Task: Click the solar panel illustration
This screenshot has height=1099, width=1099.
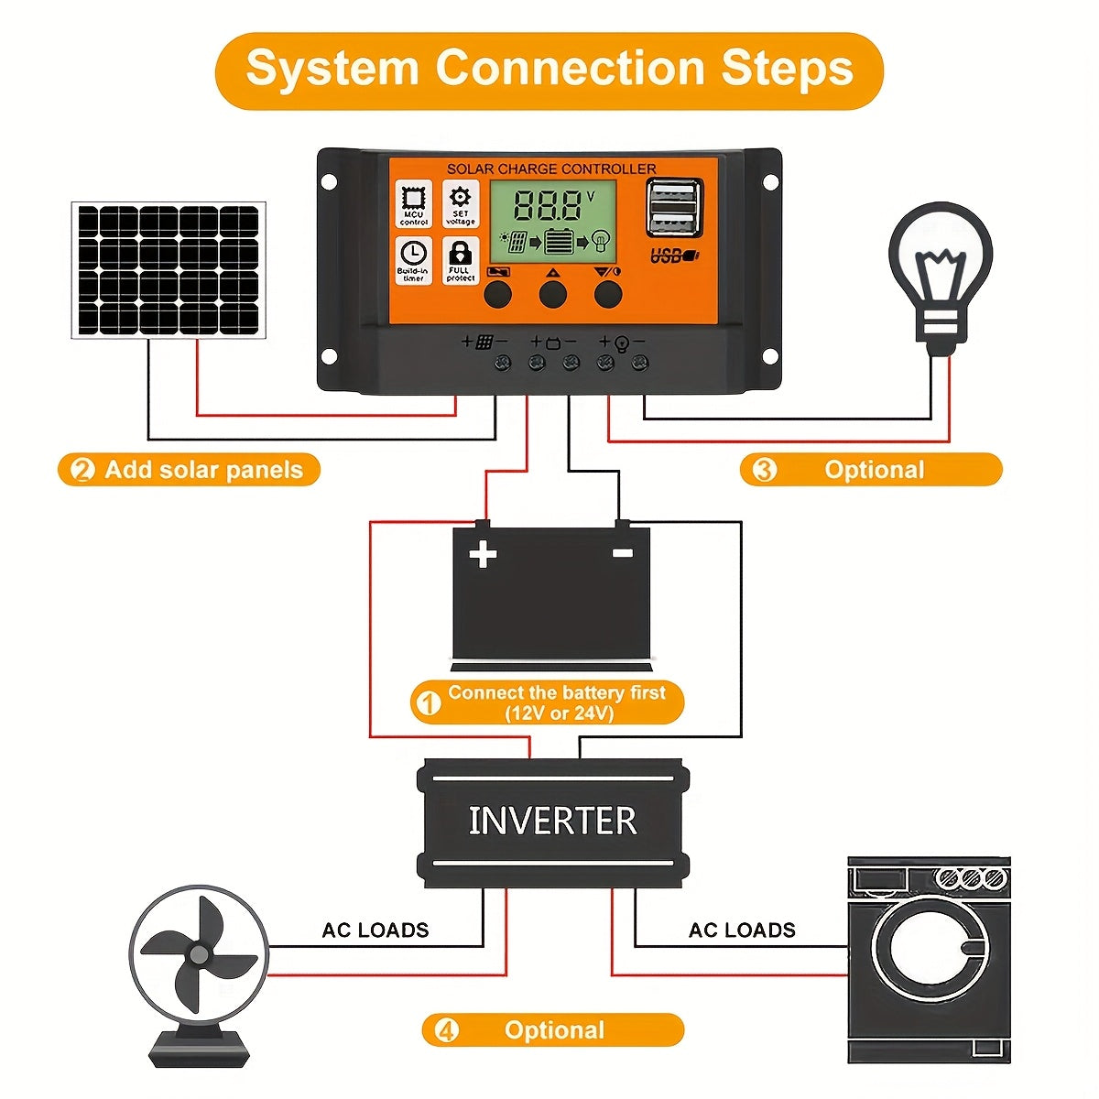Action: [x=169, y=270]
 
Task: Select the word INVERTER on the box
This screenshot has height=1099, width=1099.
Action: [x=552, y=821]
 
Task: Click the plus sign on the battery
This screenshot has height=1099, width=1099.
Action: [x=483, y=554]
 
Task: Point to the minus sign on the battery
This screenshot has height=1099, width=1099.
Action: [x=623, y=552]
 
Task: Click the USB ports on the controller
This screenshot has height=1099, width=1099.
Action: [x=674, y=209]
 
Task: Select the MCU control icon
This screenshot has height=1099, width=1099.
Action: [x=414, y=203]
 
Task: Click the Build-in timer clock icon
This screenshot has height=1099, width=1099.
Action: [x=414, y=259]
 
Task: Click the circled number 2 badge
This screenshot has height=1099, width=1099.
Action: [x=82, y=471]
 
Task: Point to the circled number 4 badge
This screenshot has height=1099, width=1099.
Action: [x=446, y=1030]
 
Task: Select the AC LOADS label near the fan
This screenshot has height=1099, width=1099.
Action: [x=375, y=930]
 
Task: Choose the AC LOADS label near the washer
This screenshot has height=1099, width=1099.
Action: [x=742, y=930]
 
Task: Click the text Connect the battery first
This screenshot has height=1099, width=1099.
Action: [x=556, y=693]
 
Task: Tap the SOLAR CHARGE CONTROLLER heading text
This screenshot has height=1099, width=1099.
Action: [x=551, y=169]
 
